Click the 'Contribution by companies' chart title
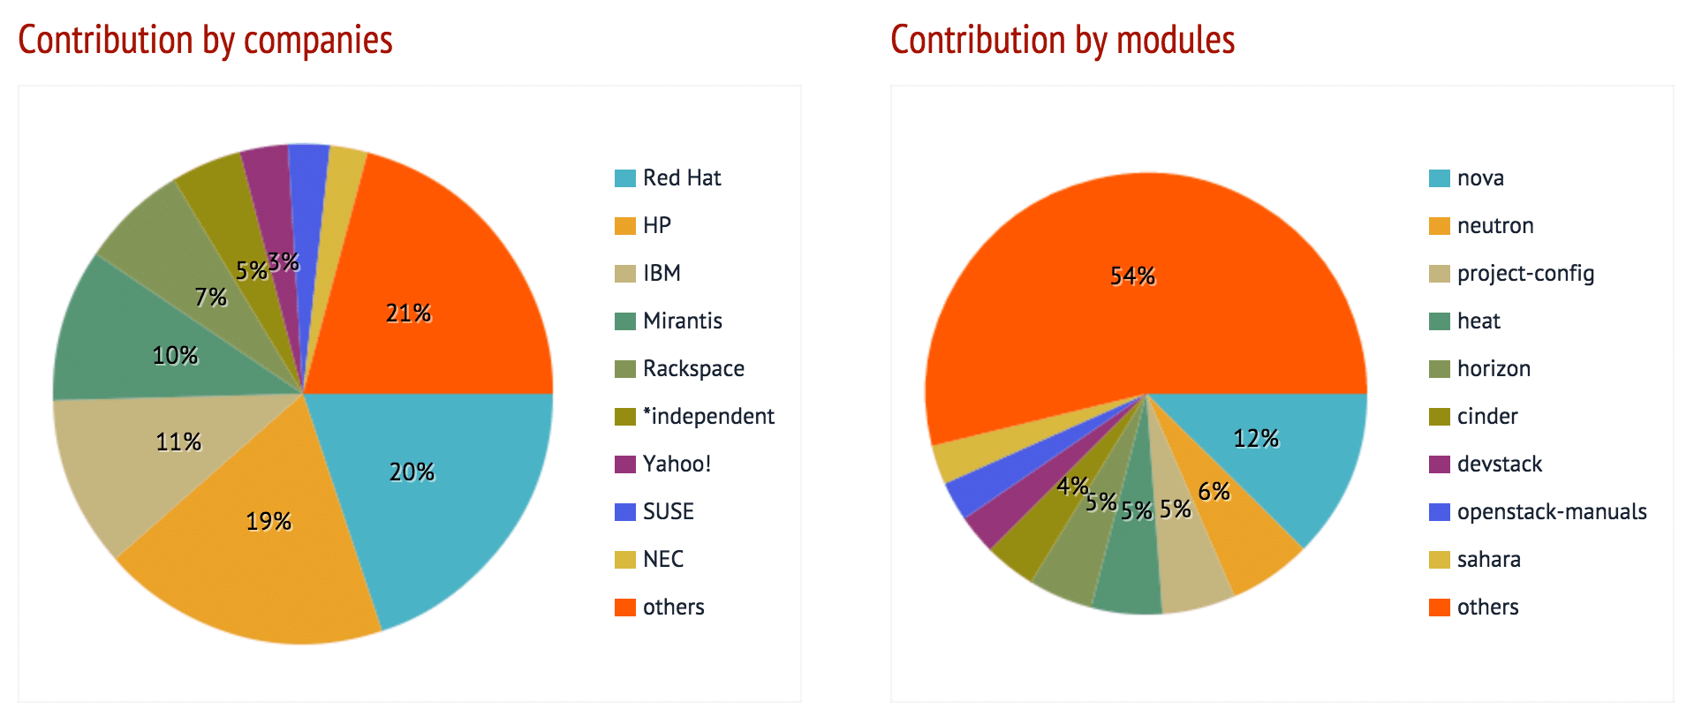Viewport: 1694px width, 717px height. tap(205, 41)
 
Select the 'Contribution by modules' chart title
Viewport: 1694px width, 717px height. tap(1062, 41)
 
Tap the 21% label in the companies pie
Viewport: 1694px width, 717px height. tap(408, 313)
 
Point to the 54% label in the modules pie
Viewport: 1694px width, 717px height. tap(1132, 276)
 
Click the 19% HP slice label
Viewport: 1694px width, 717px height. tap(268, 522)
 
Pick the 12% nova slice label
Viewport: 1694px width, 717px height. tap(1256, 439)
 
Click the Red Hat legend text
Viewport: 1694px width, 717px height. tap(681, 178)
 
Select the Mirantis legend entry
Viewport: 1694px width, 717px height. tap(682, 321)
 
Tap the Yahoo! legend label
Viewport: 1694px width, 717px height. tap(677, 464)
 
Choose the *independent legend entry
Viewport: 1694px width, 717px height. tap(708, 417)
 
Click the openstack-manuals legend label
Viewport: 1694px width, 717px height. tap(1551, 512)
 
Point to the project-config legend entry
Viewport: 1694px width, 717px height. tap(1525, 274)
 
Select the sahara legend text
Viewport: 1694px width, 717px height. tap(1488, 560)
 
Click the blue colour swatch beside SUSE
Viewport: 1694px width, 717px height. tap(624, 512)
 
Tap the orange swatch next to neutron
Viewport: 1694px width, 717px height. tap(1439, 226)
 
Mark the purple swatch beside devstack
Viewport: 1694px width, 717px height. tap(1439, 464)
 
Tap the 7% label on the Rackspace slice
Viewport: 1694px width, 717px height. tap(211, 298)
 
